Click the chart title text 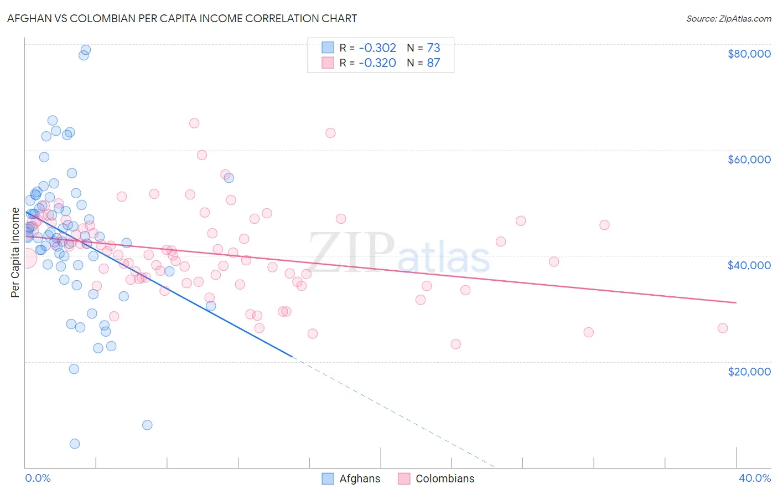point(182,18)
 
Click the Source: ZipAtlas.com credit point(728,19)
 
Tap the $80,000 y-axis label point(749,54)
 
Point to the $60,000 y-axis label point(749,159)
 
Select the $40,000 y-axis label point(749,265)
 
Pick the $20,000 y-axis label point(749,371)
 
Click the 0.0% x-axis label point(38,478)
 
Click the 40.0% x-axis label point(754,478)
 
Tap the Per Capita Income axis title point(15,252)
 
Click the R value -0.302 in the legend point(377,48)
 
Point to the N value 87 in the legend point(433,63)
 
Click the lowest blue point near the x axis point(75,444)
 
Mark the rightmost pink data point point(723,328)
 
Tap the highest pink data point point(194,123)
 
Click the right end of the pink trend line point(736,302)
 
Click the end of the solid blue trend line point(291,356)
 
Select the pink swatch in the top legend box point(328,63)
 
